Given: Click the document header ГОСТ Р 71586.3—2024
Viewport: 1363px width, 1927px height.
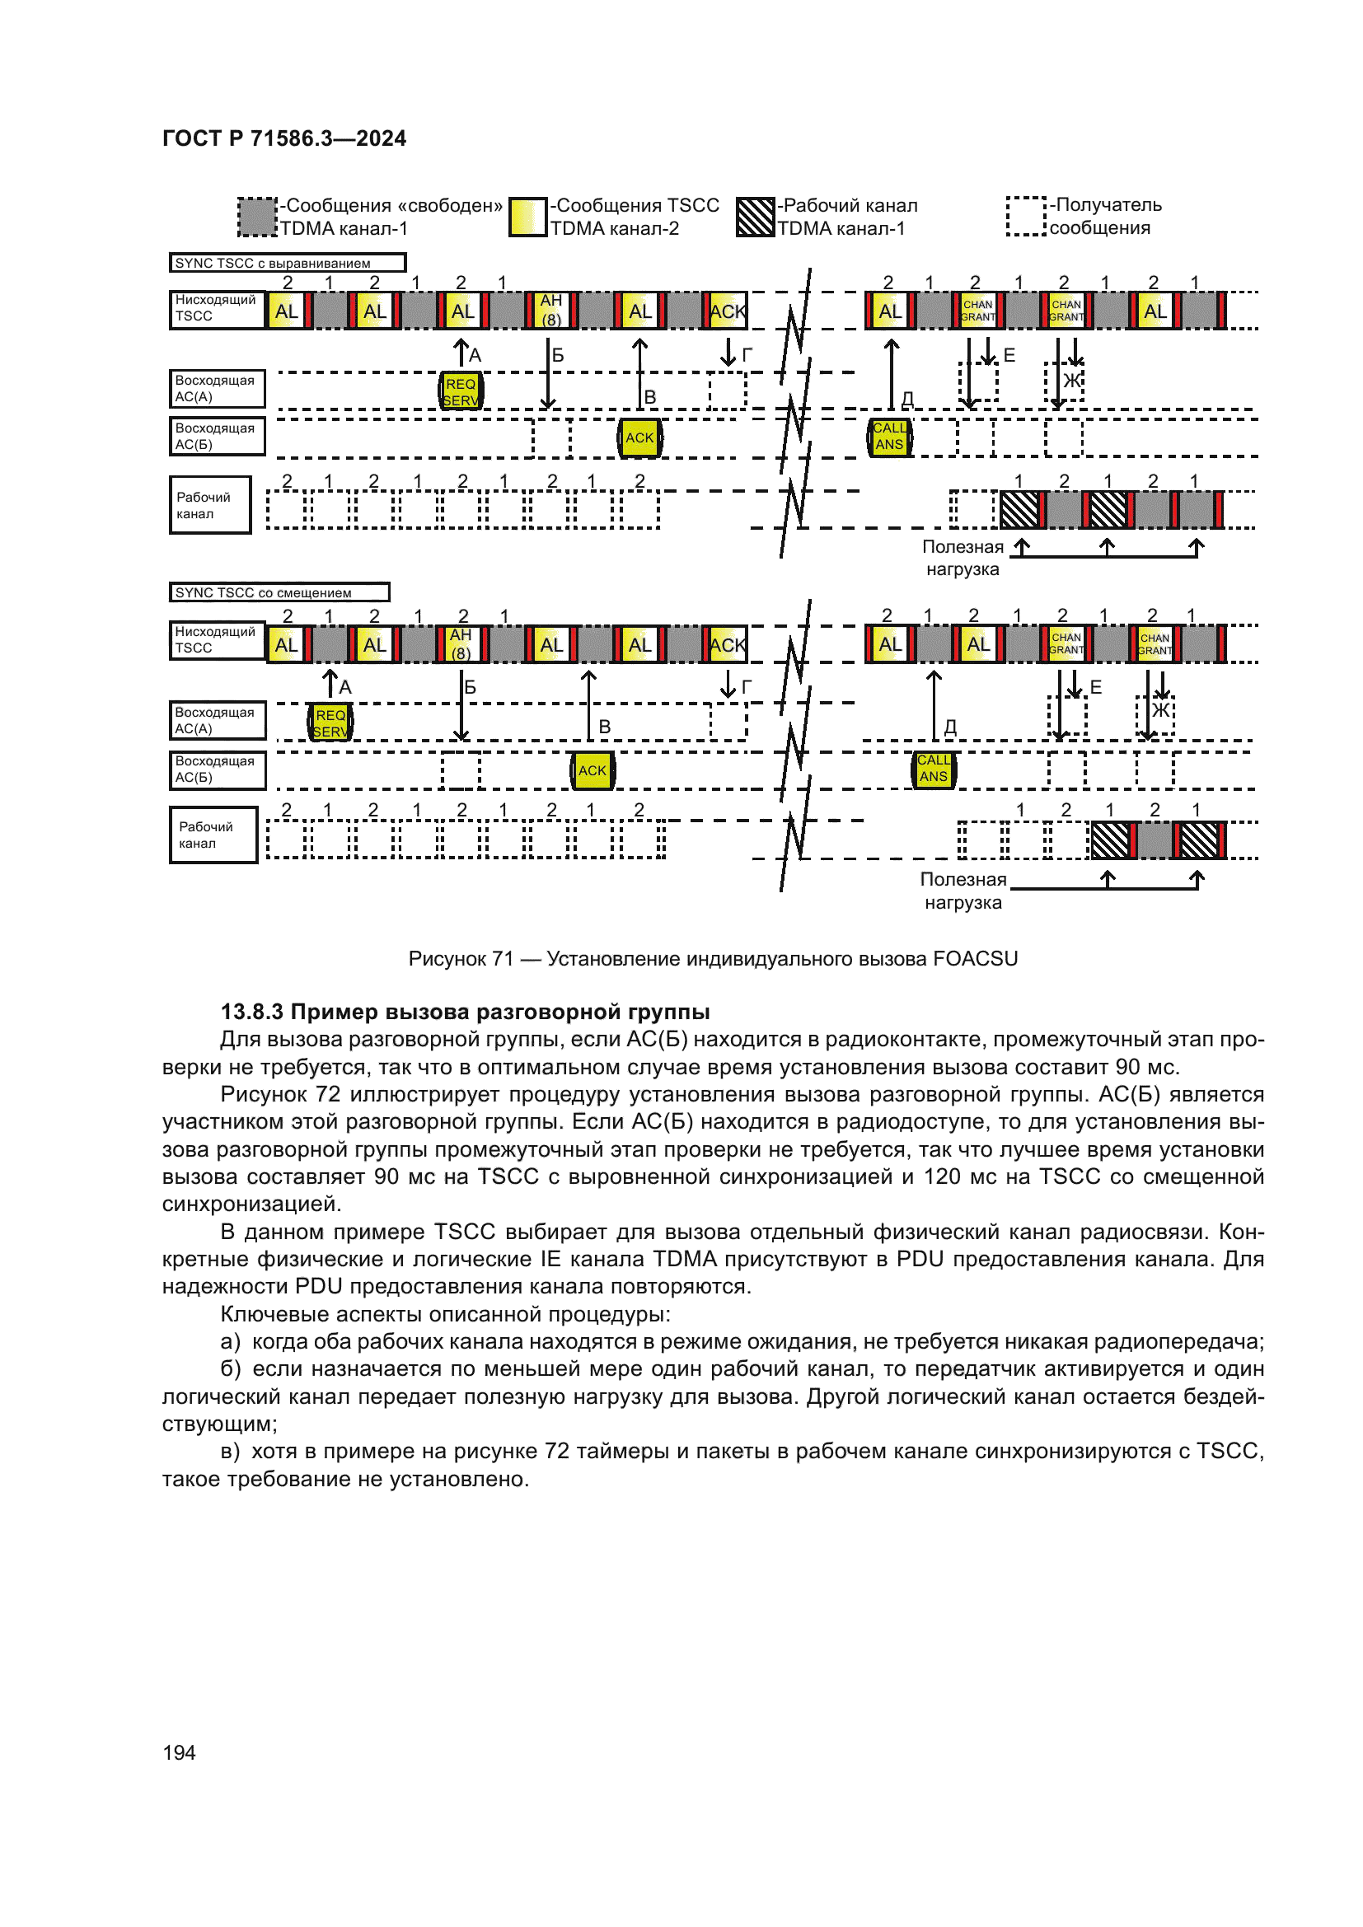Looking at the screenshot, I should point(283,138).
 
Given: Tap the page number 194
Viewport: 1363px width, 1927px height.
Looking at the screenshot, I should point(179,1752).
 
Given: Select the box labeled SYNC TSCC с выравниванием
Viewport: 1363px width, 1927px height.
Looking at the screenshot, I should point(287,263).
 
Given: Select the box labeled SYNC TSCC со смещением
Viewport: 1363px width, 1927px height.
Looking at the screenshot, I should point(279,592).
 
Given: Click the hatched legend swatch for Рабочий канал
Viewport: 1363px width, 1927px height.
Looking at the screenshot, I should point(755,217).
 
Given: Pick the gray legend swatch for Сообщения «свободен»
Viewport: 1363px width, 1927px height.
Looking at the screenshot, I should point(257,217).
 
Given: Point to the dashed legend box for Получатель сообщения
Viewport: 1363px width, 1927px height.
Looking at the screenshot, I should point(1026,217).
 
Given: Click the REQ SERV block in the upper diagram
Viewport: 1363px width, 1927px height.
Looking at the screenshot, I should point(461,392).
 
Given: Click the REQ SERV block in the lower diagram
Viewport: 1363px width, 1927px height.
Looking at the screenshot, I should point(330,723).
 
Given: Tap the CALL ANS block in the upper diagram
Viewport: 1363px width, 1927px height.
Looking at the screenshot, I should point(890,437).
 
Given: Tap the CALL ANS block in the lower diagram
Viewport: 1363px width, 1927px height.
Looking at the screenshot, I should point(934,769).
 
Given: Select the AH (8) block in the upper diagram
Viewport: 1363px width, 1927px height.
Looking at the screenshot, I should point(550,310).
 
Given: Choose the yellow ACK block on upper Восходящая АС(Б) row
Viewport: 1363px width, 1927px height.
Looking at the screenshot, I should point(639,437).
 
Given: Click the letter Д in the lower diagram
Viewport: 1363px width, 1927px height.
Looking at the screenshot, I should point(950,727).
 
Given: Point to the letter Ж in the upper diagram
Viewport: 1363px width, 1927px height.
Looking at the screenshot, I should point(1072,380).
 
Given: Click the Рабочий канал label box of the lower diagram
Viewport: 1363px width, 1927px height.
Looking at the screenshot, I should point(213,835).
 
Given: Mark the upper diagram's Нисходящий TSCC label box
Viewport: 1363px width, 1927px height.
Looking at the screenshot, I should point(217,309).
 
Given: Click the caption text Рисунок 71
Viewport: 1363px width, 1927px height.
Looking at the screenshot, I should point(460,958).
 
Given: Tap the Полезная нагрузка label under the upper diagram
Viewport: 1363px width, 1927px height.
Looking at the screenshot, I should point(962,558).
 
